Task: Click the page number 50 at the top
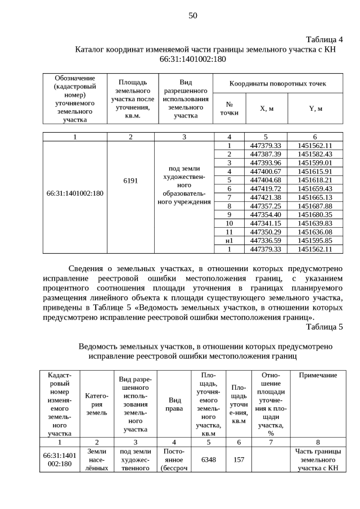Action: pyautogui.click(x=192, y=16)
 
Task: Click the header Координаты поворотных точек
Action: pyautogui.click(x=277, y=83)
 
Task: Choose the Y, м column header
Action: pyautogui.click(x=315, y=108)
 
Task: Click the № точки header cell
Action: pyautogui.click(x=229, y=108)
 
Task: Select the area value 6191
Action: pyautogui.click(x=130, y=182)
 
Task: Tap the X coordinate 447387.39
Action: pyautogui.click(x=265, y=154)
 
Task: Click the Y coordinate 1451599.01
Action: pyautogui.click(x=315, y=163)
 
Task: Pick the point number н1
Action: pyautogui.click(x=229, y=240)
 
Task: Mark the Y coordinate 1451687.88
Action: pyautogui.click(x=315, y=206)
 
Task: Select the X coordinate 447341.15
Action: pyautogui.click(x=265, y=223)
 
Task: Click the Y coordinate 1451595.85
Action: pyautogui.click(x=315, y=240)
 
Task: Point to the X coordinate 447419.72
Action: pyautogui.click(x=265, y=188)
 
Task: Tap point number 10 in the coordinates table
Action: pyautogui.click(x=229, y=223)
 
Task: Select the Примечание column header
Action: pyautogui.click(x=318, y=375)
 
